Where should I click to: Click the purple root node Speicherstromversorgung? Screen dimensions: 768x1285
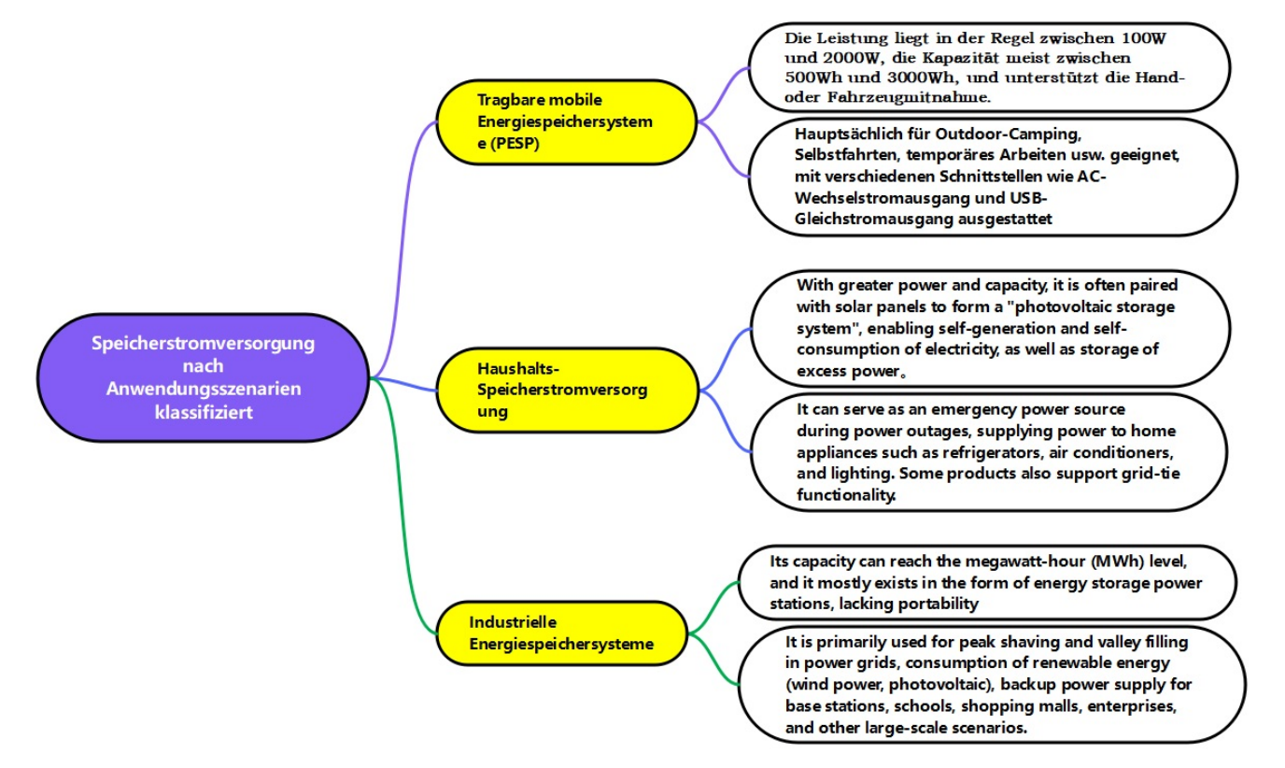[204, 377]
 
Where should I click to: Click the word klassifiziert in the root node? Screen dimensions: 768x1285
[204, 412]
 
